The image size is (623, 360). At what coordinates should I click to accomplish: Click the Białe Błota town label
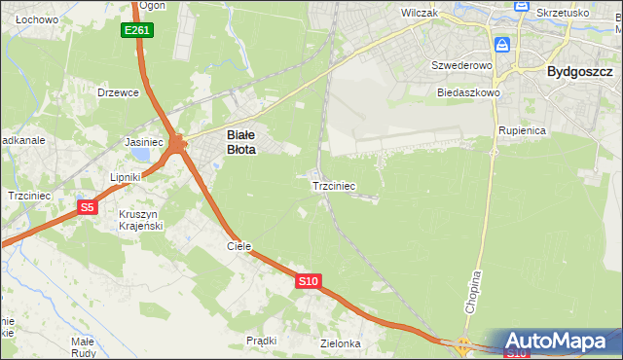(x=240, y=143)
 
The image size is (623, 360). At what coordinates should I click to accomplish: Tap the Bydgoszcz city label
(x=579, y=71)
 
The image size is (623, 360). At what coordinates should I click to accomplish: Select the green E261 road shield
(x=136, y=31)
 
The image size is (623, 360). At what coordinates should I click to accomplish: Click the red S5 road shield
(x=88, y=206)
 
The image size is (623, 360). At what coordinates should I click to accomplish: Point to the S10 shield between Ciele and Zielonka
(x=308, y=281)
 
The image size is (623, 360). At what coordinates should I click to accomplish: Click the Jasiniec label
(x=144, y=141)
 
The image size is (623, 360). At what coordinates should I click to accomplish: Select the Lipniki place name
(x=126, y=177)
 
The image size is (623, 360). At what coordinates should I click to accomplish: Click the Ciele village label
(x=239, y=246)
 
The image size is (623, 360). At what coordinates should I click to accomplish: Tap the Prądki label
(x=262, y=341)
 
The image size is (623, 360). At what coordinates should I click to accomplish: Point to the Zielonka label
(x=341, y=343)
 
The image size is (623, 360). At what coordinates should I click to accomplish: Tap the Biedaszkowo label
(x=468, y=92)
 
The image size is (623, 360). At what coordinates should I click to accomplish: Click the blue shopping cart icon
(x=502, y=45)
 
